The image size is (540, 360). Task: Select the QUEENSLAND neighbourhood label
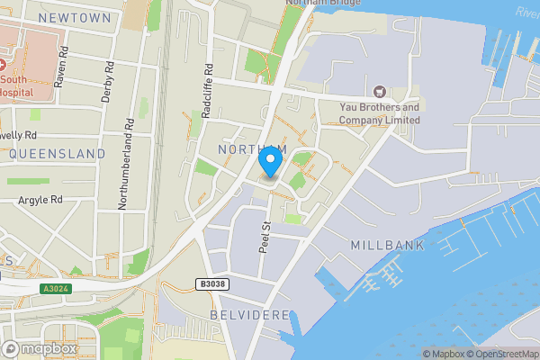click(x=58, y=154)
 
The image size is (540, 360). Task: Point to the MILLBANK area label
click(x=385, y=245)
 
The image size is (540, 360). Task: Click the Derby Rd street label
click(x=107, y=82)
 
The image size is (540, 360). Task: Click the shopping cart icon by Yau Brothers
click(x=378, y=91)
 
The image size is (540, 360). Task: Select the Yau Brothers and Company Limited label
click(x=379, y=113)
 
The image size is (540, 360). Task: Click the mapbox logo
click(x=40, y=348)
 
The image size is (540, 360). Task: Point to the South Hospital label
click(x=18, y=85)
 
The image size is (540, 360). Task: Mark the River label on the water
click(x=526, y=12)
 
